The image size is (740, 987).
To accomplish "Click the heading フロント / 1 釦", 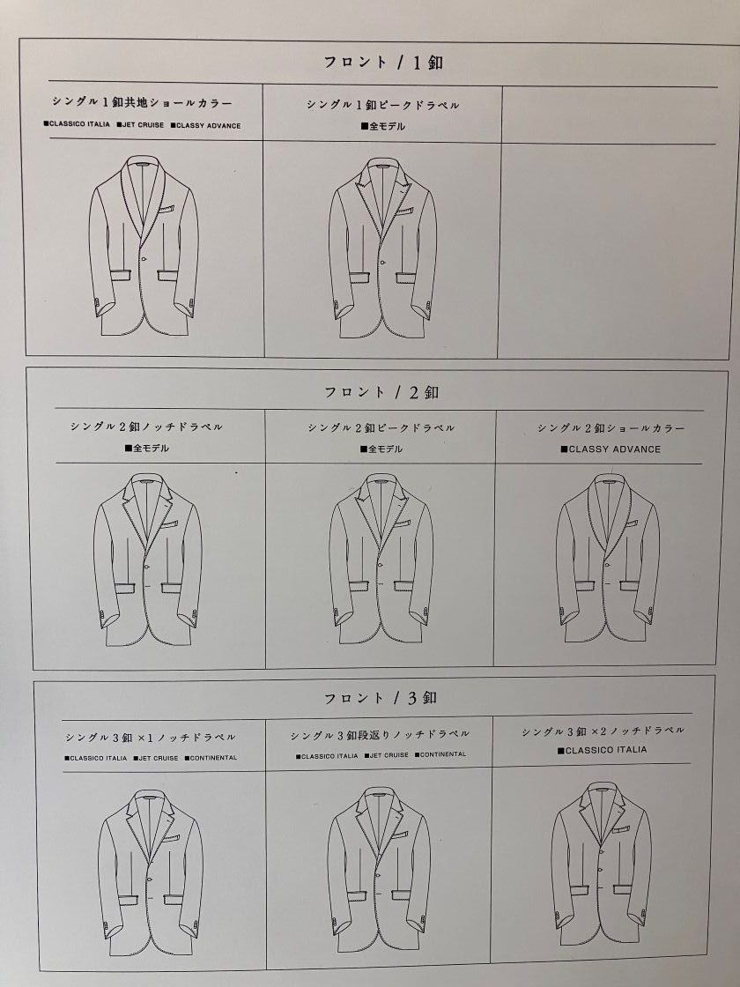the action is click(x=383, y=63).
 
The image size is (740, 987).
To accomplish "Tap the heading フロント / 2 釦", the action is click(x=381, y=392).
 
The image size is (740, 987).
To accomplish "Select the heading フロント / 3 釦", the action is click(x=381, y=697).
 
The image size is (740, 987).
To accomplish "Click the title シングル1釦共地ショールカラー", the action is click(x=142, y=102).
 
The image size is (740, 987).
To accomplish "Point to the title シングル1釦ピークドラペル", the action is click(x=382, y=105).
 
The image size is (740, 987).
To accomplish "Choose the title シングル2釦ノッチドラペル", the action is click(x=146, y=427).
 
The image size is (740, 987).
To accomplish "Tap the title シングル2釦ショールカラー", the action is click(x=610, y=428).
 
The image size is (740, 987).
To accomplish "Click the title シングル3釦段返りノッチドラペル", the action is click(x=380, y=735).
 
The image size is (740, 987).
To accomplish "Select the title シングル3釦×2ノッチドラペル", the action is click(x=603, y=731).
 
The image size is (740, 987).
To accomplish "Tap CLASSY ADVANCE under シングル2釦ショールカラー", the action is click(x=611, y=449).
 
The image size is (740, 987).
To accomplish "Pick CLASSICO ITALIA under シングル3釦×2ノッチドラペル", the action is click(x=602, y=750).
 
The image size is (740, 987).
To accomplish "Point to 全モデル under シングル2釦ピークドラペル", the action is click(x=381, y=449).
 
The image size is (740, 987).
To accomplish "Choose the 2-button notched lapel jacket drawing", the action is click(x=148, y=560).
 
